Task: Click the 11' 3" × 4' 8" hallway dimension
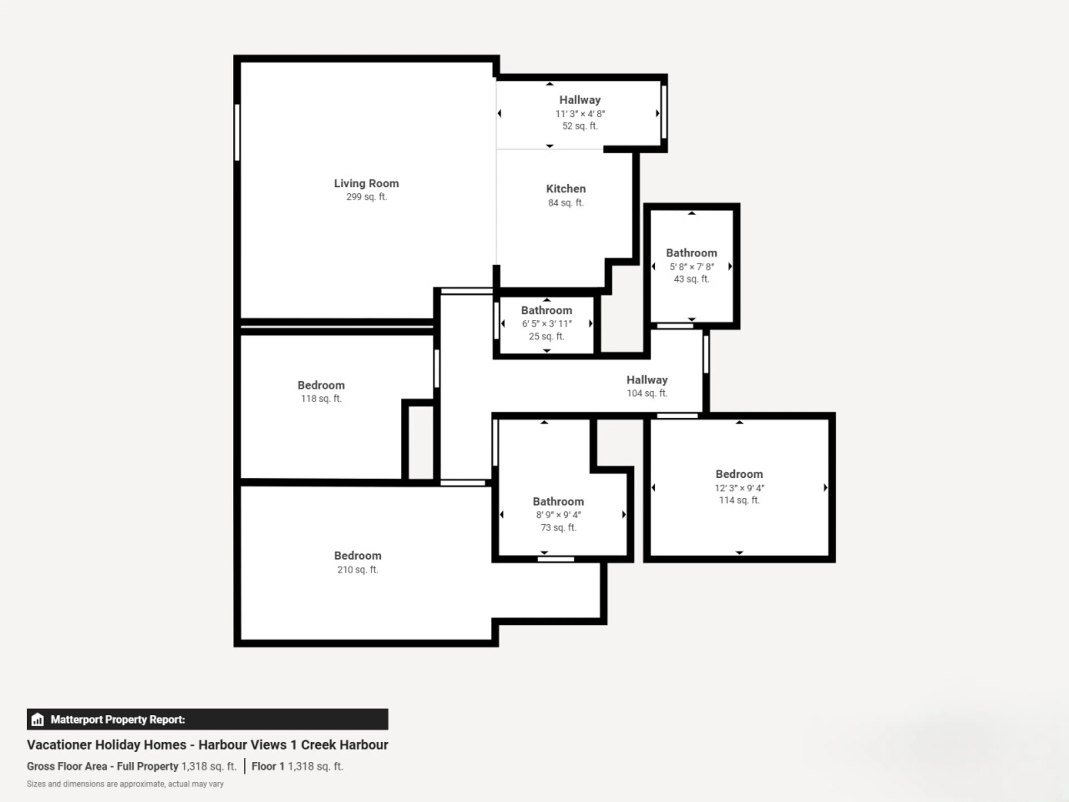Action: pos(580,114)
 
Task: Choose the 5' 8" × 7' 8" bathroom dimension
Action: pos(692,266)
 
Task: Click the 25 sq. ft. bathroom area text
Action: pos(546,336)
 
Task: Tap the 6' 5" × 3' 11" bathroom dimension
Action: pos(546,323)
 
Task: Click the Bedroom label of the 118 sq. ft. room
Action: pos(321,385)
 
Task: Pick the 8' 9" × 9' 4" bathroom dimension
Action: pos(558,515)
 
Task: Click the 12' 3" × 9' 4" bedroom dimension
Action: pos(739,488)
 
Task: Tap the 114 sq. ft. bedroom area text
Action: pos(739,500)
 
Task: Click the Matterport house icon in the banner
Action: pos(38,719)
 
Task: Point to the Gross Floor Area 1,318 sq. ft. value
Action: pos(209,766)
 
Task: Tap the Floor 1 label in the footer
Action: pos(268,766)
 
